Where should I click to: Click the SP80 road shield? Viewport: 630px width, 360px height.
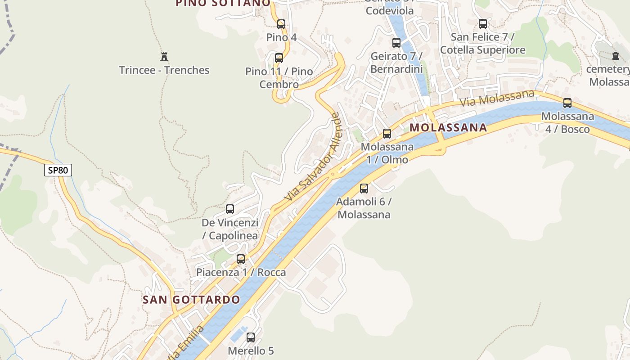[58, 170]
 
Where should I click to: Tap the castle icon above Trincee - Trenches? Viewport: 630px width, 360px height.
[164, 57]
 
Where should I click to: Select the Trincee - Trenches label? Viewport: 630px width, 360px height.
[164, 70]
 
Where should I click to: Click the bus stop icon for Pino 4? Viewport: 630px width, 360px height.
[281, 24]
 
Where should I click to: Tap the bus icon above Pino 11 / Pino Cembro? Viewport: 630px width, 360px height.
[279, 58]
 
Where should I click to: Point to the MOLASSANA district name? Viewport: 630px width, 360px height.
[448, 127]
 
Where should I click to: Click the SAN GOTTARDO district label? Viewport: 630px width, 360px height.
[191, 300]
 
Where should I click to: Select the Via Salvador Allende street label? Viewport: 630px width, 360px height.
[312, 157]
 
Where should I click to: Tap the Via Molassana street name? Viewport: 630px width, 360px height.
[497, 98]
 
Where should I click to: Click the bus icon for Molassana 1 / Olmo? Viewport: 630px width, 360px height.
[387, 134]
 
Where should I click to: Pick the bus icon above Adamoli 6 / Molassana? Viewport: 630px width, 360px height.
[364, 189]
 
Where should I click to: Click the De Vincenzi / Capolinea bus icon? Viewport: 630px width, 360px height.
[230, 209]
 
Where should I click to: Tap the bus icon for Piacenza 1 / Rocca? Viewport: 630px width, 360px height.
[241, 259]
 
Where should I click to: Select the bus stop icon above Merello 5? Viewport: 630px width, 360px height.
[251, 337]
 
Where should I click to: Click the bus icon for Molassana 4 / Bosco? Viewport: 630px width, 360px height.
[567, 103]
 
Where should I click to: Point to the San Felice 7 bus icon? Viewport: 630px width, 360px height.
[483, 24]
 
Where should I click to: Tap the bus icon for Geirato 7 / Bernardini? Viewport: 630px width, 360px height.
[396, 43]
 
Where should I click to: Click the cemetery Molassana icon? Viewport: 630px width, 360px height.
[615, 56]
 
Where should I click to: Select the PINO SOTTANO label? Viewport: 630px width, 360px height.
[223, 3]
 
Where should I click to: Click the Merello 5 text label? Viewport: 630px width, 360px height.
[251, 351]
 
